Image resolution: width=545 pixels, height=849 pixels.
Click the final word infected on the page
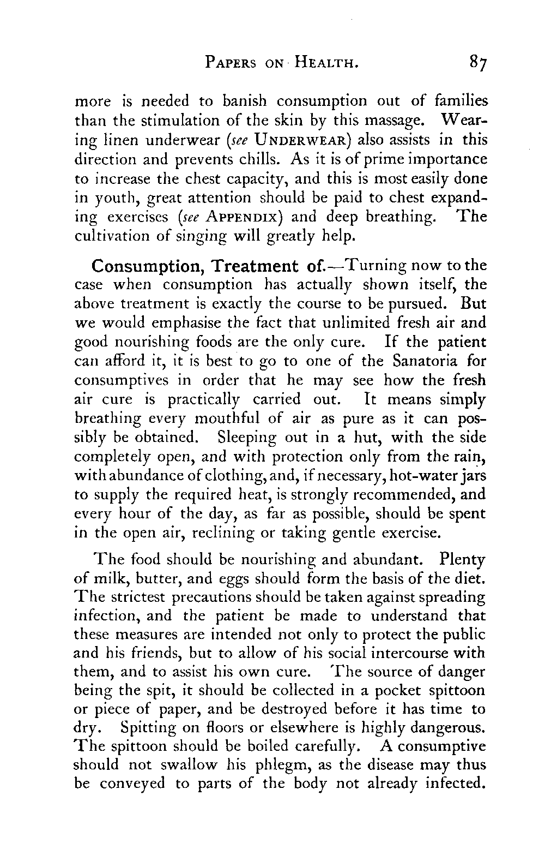(x=455, y=784)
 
